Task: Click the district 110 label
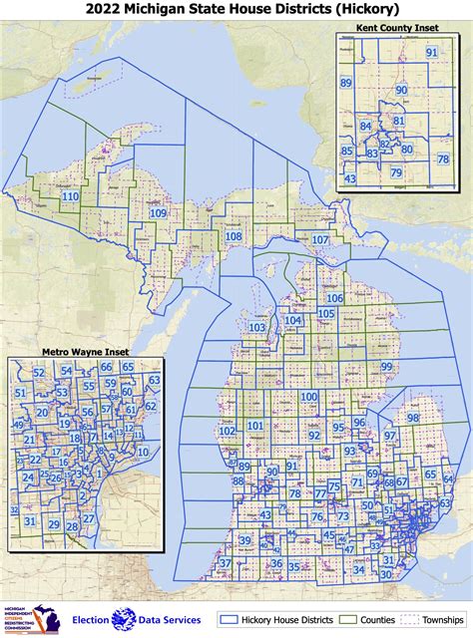click(x=70, y=197)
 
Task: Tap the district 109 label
click(x=158, y=213)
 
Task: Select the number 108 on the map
click(x=234, y=236)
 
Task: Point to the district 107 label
click(x=320, y=241)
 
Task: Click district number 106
click(x=334, y=299)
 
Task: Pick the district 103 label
click(x=257, y=328)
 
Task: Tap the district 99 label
click(x=385, y=368)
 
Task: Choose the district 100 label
click(x=309, y=397)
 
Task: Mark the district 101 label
click(x=255, y=427)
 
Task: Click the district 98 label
click(x=412, y=418)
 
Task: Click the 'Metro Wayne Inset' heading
click(x=85, y=352)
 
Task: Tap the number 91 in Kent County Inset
click(x=431, y=52)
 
